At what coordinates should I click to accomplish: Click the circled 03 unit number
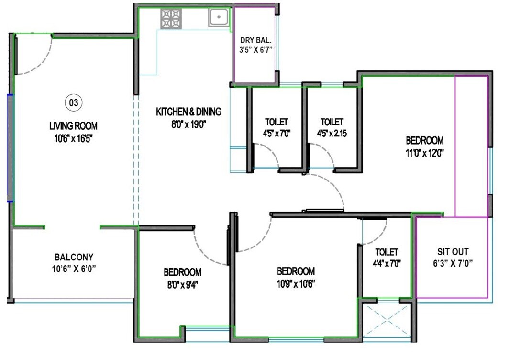[x=73, y=102]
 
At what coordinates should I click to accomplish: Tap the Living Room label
[x=73, y=126]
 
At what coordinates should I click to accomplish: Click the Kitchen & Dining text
[x=188, y=112]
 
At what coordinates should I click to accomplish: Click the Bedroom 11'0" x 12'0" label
[x=424, y=141]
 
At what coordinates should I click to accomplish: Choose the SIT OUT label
[x=453, y=251]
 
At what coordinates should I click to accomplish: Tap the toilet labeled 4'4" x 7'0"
[x=387, y=252]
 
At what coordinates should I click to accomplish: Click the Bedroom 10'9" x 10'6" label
[x=296, y=271]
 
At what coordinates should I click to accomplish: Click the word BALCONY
[x=74, y=257]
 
